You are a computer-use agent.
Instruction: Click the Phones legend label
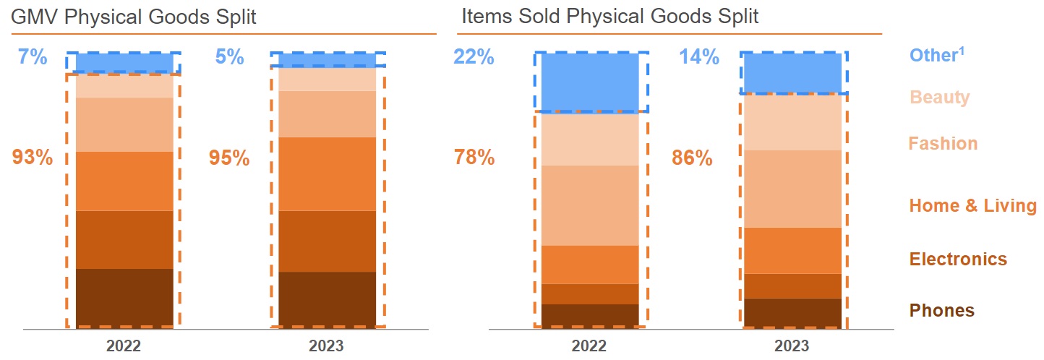[x=941, y=311]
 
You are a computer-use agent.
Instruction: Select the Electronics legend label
[x=957, y=260]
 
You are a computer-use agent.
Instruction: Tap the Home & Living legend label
[x=972, y=206]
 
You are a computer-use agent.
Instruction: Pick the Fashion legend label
[x=943, y=143]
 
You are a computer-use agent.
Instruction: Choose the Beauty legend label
[x=939, y=97]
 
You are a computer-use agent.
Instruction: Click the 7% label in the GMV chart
[x=33, y=56]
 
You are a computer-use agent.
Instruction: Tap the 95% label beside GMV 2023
[x=229, y=158]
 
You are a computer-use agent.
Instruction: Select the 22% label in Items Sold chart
[x=474, y=56]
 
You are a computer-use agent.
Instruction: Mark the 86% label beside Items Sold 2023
[x=692, y=158]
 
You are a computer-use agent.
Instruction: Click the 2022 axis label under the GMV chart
[x=124, y=346]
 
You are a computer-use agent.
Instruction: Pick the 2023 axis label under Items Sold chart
[x=792, y=346]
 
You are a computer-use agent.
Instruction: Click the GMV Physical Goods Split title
[x=134, y=16]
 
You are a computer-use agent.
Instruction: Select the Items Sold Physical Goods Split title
[x=609, y=16]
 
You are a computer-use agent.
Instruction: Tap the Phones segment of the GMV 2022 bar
[x=124, y=297]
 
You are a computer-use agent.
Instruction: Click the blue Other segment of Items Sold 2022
[x=590, y=82]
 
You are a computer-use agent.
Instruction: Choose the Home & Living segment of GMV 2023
[x=327, y=173]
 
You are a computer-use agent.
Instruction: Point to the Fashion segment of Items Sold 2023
[x=793, y=189]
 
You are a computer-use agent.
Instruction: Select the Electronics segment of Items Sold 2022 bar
[x=590, y=293]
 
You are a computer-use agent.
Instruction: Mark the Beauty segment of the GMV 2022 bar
[x=124, y=86]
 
